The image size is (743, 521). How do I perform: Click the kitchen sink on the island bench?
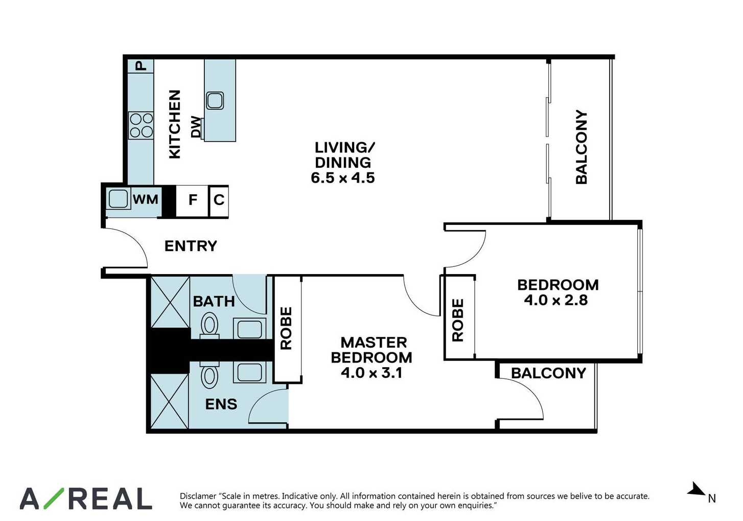click(x=215, y=101)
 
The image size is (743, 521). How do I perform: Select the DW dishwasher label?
click(x=196, y=127)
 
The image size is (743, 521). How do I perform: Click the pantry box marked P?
click(x=141, y=66)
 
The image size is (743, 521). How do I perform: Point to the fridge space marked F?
click(x=192, y=200)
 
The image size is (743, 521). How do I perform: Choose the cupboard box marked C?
click(x=219, y=200)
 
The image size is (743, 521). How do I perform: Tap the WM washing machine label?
click(x=145, y=199)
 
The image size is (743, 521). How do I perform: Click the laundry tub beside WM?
click(x=118, y=199)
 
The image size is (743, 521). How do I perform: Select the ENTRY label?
click(x=191, y=246)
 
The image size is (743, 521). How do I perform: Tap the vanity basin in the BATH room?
click(x=250, y=329)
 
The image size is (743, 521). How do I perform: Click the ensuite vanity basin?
click(x=250, y=372)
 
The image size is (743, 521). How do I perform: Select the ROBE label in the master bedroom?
click(x=286, y=328)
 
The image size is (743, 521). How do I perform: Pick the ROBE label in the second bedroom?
click(x=458, y=320)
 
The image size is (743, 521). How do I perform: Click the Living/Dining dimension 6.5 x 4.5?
click(x=343, y=178)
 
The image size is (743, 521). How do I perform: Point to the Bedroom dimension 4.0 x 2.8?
click(x=556, y=300)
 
